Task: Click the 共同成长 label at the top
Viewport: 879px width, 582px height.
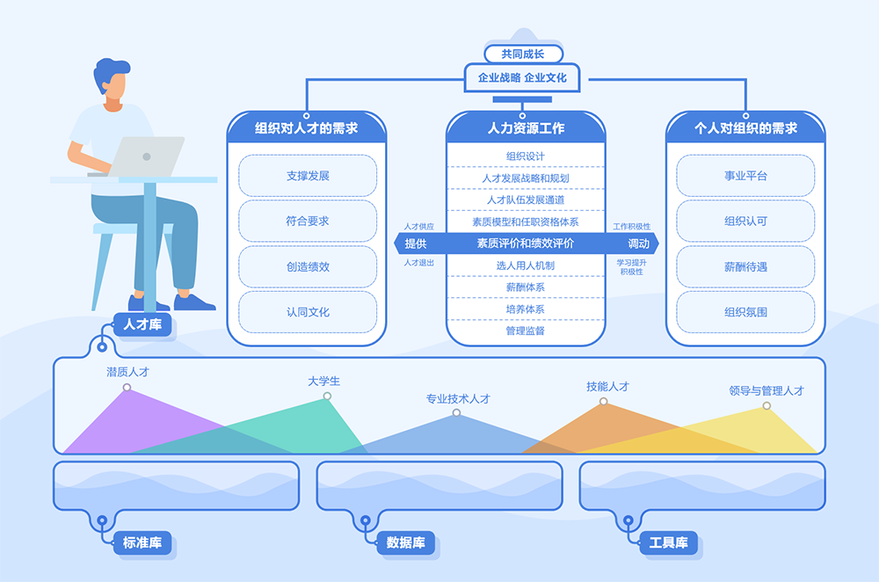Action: tap(523, 54)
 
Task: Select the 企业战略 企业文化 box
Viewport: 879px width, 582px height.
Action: tap(522, 77)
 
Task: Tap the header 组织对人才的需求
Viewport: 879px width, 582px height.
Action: tap(306, 128)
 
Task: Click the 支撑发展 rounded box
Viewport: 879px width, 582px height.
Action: tap(308, 176)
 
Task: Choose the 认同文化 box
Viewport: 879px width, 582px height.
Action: tap(308, 311)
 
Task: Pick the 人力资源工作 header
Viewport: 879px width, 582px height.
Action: tap(526, 128)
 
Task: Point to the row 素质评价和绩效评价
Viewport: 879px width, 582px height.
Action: tap(526, 244)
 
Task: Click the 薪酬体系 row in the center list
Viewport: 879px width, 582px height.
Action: tap(526, 287)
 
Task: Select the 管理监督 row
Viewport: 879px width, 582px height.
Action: tap(526, 331)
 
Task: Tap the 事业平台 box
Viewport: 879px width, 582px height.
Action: tap(745, 176)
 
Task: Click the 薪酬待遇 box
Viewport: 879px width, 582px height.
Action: tap(745, 266)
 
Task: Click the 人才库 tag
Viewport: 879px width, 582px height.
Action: tap(142, 325)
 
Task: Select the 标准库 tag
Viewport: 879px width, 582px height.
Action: tap(142, 542)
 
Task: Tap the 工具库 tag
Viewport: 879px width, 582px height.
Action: tap(668, 542)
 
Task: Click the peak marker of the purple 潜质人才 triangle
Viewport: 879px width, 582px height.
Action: tap(127, 388)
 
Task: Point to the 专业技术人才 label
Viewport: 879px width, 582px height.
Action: tap(458, 398)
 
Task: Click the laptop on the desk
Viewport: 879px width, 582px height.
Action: tap(148, 156)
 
